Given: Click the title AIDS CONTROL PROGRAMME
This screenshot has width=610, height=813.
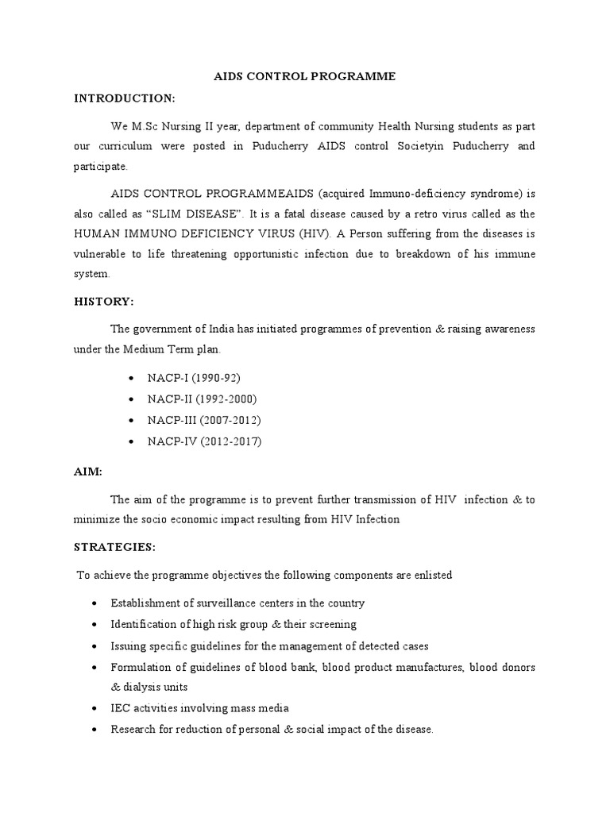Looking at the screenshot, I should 305,77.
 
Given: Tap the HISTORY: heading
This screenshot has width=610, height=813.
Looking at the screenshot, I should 104,302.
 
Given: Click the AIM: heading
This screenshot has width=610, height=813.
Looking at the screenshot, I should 87,471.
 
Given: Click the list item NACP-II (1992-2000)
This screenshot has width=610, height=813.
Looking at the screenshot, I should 202,399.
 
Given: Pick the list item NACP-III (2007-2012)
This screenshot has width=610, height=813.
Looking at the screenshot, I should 204,420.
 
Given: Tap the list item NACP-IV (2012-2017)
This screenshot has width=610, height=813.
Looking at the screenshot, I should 204,441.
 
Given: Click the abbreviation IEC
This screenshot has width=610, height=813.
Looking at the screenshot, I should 122,707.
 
